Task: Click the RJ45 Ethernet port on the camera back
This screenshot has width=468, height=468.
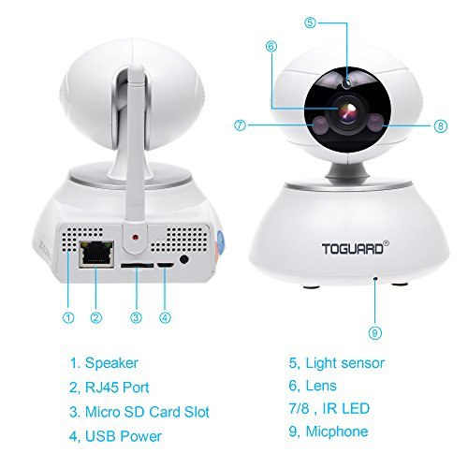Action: (96, 254)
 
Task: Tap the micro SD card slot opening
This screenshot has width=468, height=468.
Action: (137, 266)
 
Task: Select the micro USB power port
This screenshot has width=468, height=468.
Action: (166, 265)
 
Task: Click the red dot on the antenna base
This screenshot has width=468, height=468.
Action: (135, 237)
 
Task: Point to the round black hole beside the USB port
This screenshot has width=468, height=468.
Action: (184, 259)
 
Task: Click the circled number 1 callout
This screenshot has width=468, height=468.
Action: (68, 317)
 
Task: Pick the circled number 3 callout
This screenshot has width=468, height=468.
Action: (136, 317)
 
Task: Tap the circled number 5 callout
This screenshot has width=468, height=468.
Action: (310, 22)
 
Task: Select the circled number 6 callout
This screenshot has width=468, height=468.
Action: (271, 47)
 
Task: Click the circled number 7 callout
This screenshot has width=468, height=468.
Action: (240, 125)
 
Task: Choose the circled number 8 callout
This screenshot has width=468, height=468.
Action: (441, 126)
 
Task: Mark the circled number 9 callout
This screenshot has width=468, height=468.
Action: (375, 333)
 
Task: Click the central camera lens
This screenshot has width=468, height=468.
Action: (347, 112)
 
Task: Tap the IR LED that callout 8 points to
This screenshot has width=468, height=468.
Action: (375, 123)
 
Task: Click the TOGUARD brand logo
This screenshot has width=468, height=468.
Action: (356, 248)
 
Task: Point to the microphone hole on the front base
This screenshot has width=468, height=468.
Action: (375, 277)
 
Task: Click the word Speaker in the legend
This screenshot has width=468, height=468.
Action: (111, 364)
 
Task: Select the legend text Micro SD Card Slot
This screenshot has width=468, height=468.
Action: (147, 412)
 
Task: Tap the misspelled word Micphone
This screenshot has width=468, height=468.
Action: (337, 432)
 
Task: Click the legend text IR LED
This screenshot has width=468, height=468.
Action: (346, 408)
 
